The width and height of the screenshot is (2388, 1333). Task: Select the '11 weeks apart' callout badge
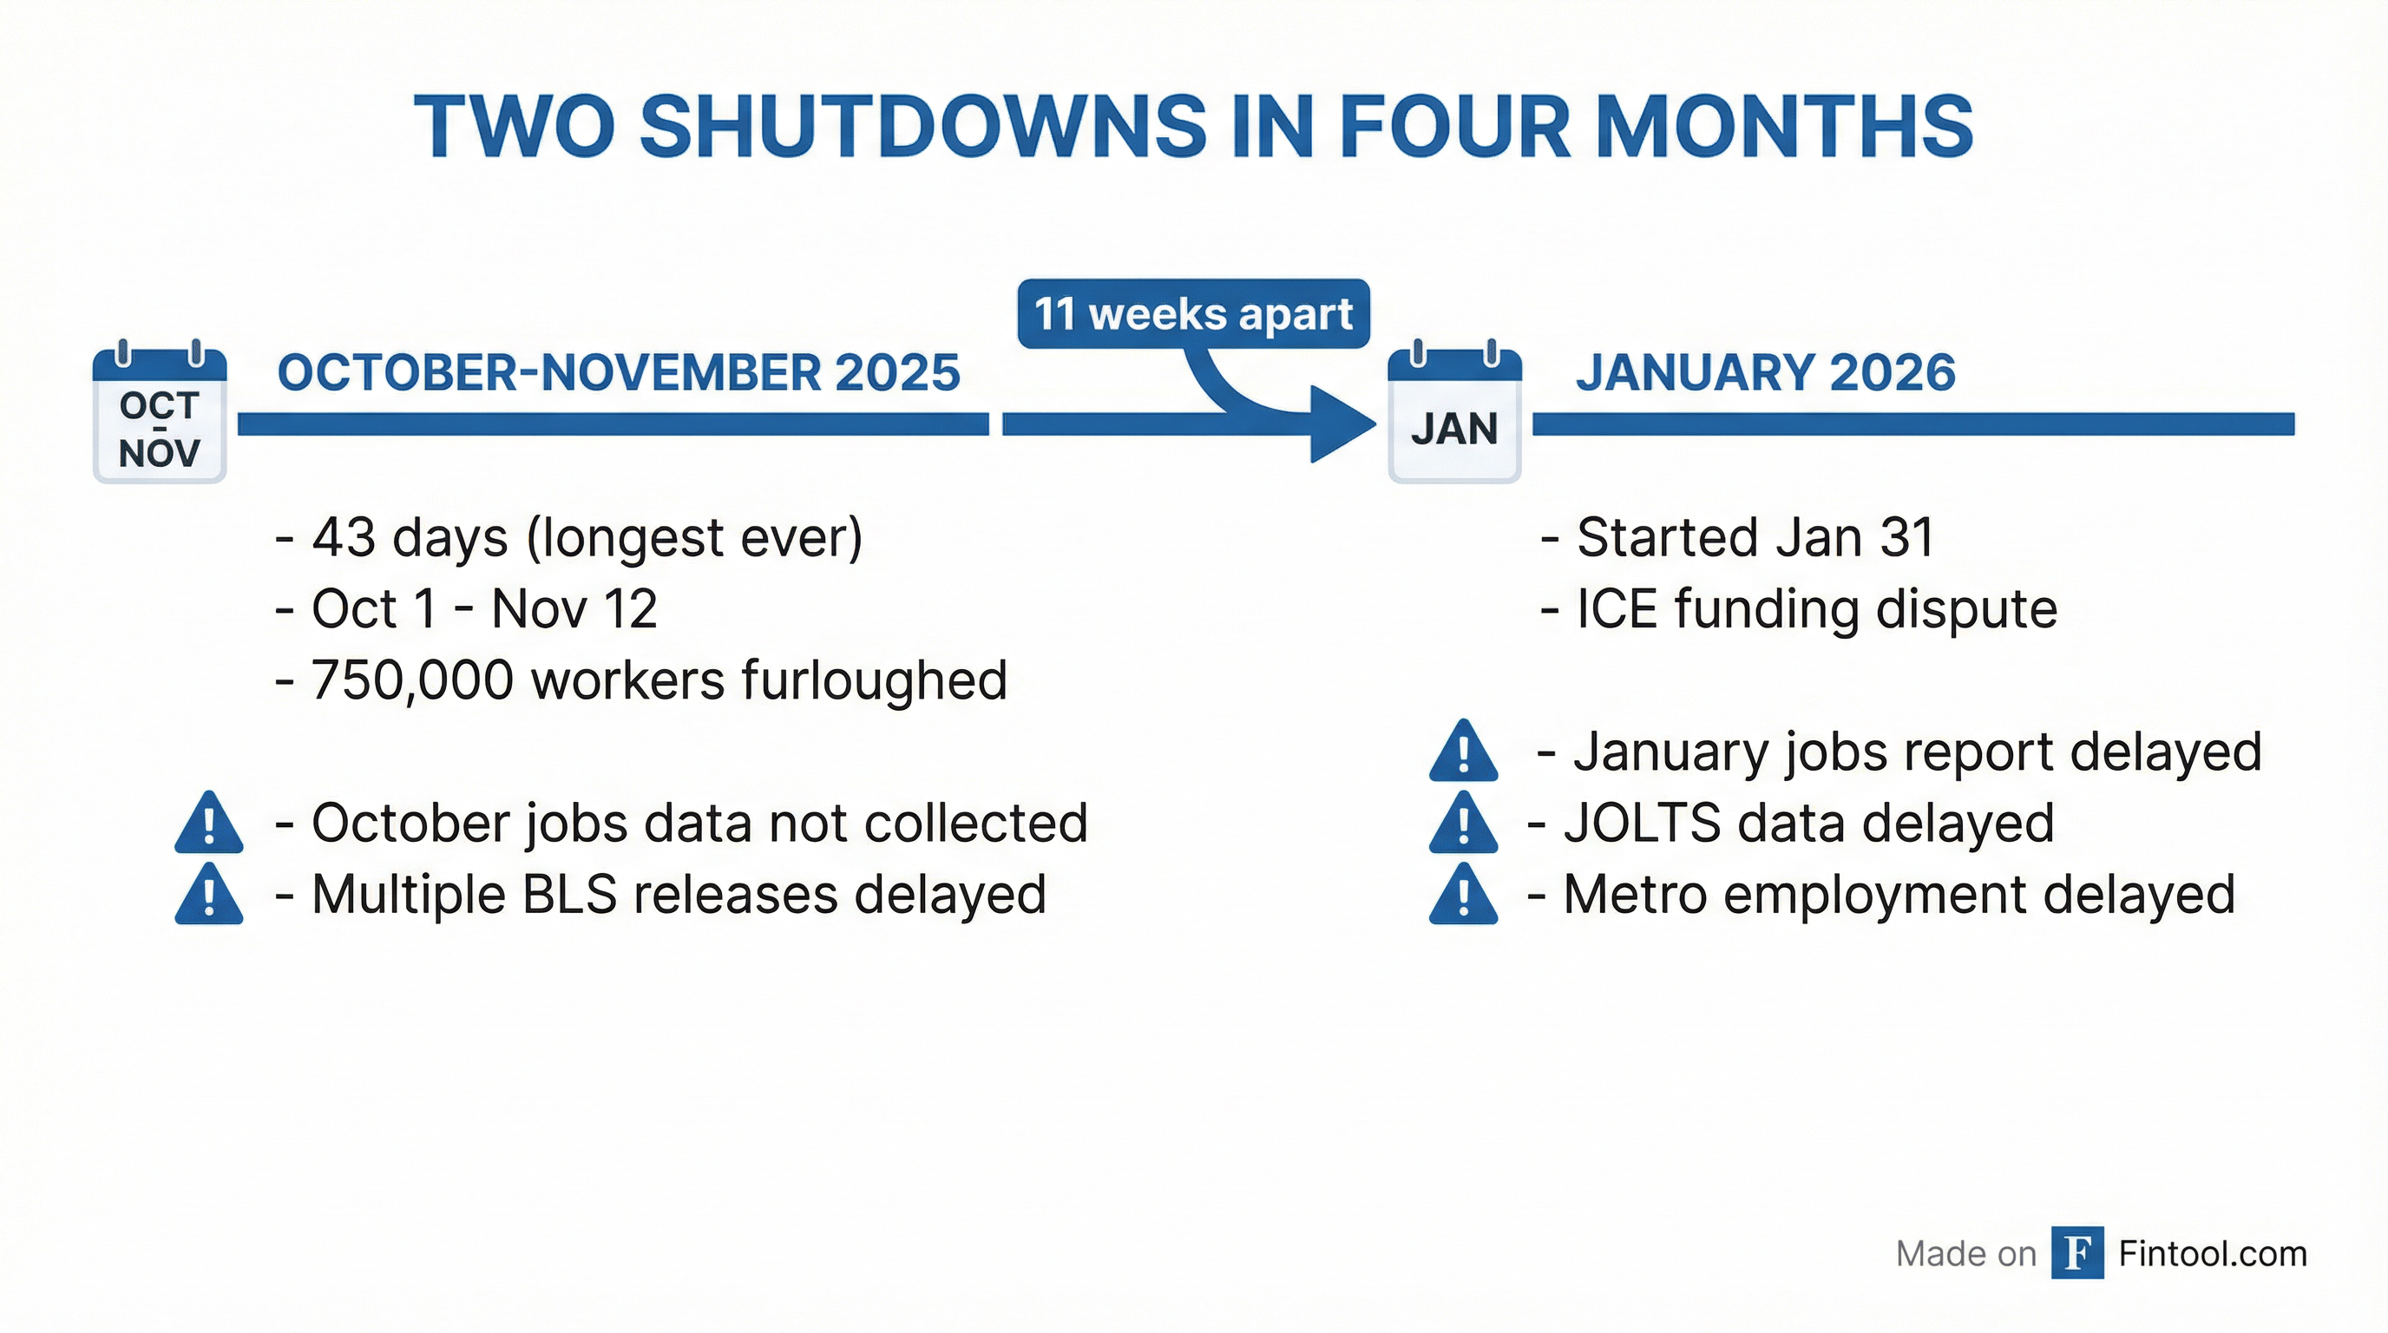click(x=1193, y=314)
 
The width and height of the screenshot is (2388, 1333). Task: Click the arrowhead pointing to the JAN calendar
click(x=1341, y=424)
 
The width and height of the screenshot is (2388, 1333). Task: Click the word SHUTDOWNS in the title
click(x=922, y=127)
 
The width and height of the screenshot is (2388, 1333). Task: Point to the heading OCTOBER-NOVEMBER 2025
click(x=619, y=372)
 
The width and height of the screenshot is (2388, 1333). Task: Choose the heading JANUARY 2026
click(x=1765, y=372)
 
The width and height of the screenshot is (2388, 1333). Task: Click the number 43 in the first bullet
click(x=343, y=538)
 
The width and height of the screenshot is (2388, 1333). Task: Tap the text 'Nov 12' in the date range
click(x=574, y=609)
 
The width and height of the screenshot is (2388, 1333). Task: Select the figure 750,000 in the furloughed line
click(x=411, y=680)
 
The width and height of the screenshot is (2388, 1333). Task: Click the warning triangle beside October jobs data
click(x=208, y=824)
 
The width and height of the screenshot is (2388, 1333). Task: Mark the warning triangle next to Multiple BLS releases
click(x=208, y=895)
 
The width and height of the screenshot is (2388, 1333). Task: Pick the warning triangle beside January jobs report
click(x=1463, y=752)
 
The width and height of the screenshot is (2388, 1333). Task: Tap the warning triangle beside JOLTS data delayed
click(x=1463, y=824)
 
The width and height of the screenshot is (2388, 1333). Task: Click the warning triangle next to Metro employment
click(x=1463, y=895)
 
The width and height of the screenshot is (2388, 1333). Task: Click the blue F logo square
click(x=2077, y=1253)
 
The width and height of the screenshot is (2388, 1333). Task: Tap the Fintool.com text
click(x=2212, y=1253)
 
